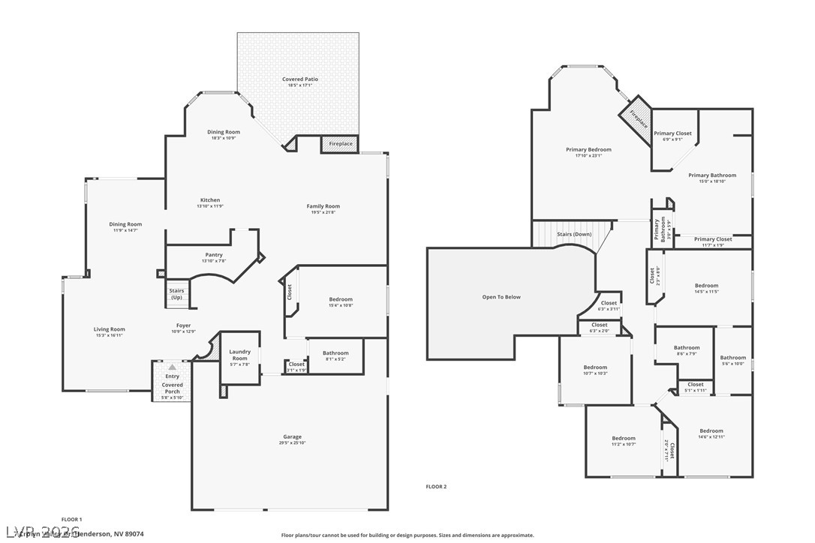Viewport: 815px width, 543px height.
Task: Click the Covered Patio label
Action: coord(299,79)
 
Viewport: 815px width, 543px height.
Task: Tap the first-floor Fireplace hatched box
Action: coord(340,144)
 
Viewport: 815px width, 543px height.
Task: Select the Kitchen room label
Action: coord(210,200)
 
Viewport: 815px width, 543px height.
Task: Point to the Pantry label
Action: coord(214,255)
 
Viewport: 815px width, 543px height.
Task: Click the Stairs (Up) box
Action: coord(176,294)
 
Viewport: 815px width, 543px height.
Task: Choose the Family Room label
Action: coord(323,206)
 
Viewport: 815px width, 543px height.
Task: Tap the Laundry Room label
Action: coord(239,355)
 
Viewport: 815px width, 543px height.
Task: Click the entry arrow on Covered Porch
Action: coord(172,367)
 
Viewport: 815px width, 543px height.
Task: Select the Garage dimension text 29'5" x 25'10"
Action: coord(292,443)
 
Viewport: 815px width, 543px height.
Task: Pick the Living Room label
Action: coord(109,329)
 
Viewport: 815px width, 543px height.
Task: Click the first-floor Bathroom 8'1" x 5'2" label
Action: coord(335,353)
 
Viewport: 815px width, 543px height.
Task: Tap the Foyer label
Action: coord(183,326)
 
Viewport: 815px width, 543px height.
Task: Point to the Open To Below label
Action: coord(501,297)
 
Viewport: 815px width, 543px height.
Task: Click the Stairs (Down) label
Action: coord(574,234)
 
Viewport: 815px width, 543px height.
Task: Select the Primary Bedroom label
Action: coord(588,150)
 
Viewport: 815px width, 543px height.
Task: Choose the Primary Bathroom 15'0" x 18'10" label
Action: coord(712,175)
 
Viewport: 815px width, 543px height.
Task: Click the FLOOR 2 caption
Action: coord(436,487)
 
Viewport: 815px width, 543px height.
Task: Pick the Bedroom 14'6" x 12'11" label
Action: coord(711,431)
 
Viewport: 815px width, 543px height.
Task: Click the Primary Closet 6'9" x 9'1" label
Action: coord(672,133)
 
